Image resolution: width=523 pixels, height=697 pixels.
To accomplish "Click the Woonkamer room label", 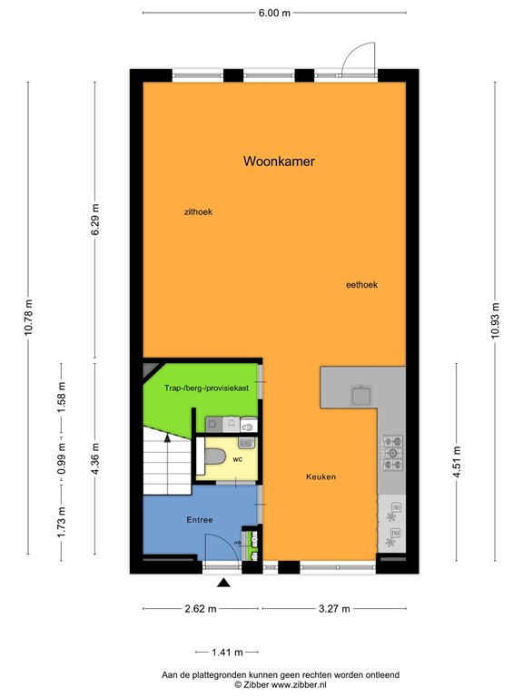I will point(279,162).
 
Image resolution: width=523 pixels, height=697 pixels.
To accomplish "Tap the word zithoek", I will point(197,211).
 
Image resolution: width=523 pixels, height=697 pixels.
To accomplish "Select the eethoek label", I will point(361,284).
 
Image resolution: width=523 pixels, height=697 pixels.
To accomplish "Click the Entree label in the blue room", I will point(199,520).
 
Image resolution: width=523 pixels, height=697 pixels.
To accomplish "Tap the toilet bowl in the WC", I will point(212,457).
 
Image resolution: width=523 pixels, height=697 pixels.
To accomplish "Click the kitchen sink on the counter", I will point(360,394).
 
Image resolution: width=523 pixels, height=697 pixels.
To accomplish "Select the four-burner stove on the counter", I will point(392,451).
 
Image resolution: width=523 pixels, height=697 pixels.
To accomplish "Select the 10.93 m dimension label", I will point(495,319).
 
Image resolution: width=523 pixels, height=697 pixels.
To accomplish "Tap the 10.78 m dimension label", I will point(27,319).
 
